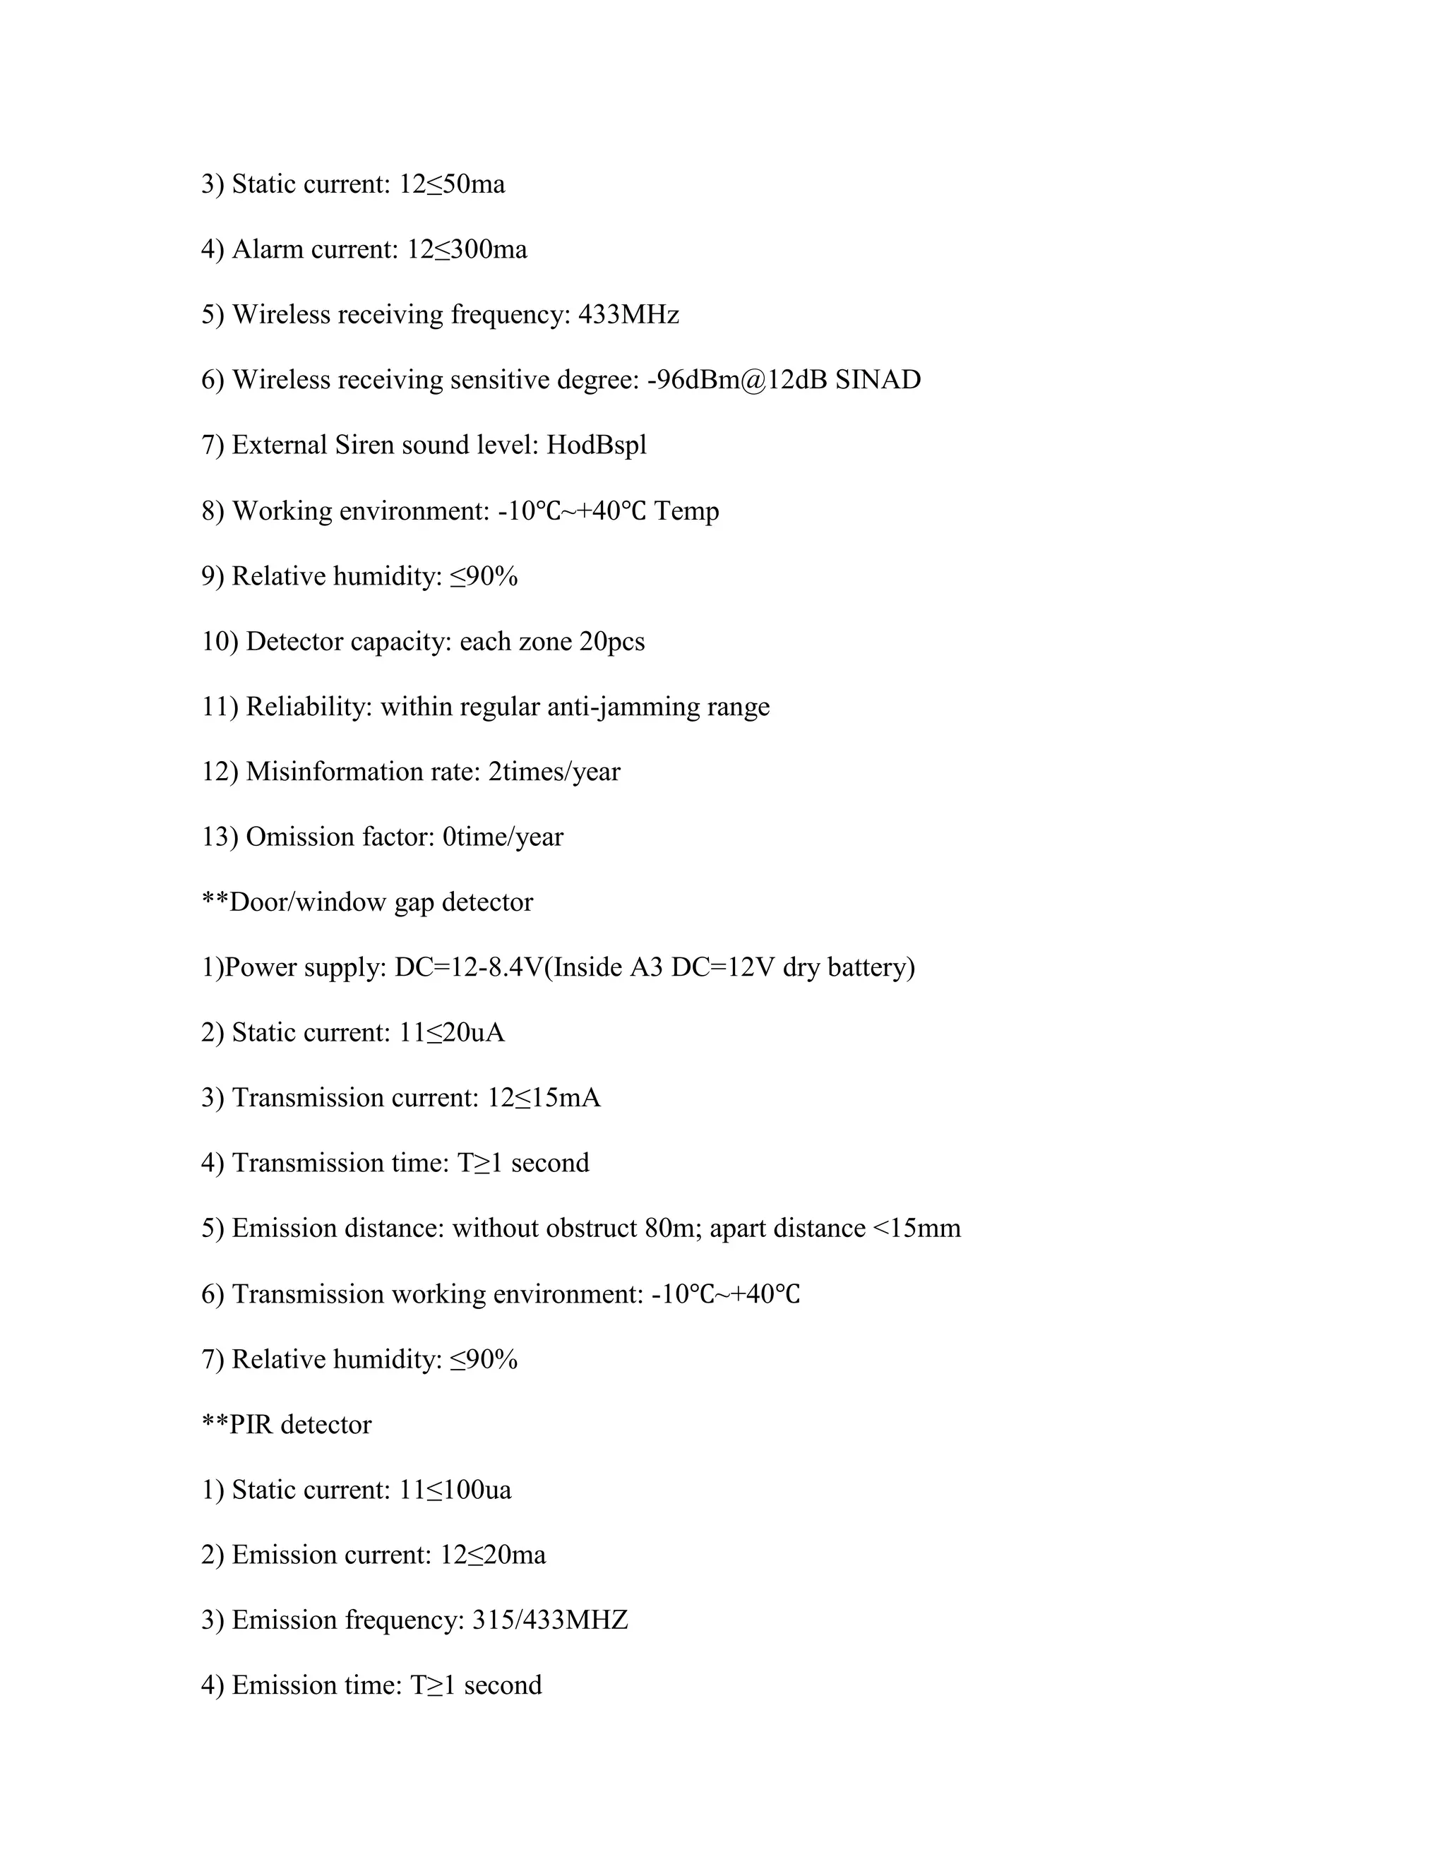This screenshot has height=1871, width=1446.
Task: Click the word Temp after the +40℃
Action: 686,510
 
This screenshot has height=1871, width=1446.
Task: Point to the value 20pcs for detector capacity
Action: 611,641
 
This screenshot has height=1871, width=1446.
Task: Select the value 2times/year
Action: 554,771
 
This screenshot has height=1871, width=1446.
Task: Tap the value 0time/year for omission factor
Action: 503,836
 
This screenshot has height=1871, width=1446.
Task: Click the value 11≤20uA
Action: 453,1032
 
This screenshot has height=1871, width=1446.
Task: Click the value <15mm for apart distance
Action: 916,1229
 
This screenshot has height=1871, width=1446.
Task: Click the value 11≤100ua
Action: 455,1489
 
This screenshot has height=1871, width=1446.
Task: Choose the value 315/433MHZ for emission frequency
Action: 550,1620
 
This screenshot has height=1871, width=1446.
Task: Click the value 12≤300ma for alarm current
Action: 467,249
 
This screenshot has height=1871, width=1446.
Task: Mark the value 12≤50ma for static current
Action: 453,184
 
